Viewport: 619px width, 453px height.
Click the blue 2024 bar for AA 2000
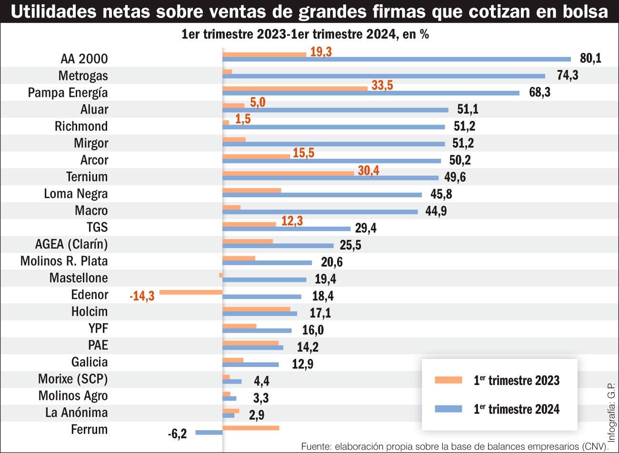396,59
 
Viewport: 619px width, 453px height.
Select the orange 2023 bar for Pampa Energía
295,88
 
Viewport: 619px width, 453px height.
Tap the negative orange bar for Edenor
191,292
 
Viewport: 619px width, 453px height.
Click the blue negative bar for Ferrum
209,432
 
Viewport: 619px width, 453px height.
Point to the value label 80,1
590,58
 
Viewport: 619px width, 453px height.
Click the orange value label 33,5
382,86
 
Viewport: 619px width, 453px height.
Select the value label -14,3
142,297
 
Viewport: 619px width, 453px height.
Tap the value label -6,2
177,434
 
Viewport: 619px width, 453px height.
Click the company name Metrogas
83,76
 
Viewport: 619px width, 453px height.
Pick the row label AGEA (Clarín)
71,244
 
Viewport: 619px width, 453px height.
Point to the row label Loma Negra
76,194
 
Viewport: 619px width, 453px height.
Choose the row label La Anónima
76,413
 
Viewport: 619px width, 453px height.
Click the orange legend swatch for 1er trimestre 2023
449,380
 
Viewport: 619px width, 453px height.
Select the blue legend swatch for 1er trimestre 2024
449,409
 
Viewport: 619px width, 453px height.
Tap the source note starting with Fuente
455,447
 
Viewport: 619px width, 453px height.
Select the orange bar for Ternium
288,173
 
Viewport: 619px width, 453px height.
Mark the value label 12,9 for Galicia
303,365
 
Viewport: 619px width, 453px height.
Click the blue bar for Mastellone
264,280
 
